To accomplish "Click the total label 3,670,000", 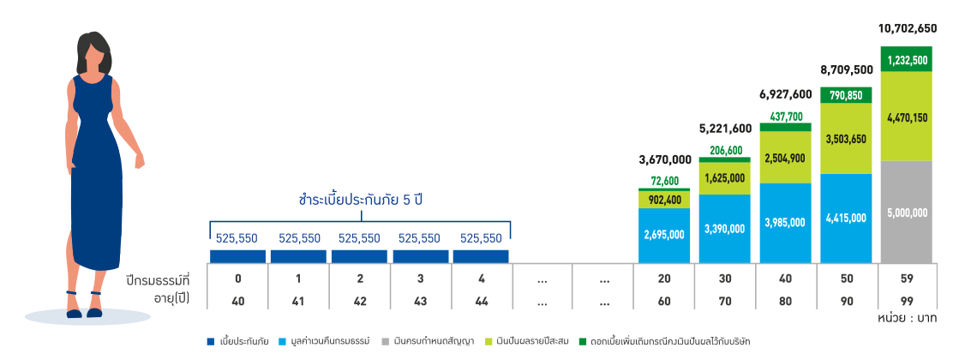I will [665, 159].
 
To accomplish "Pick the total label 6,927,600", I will [785, 93].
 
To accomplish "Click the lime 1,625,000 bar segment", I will [725, 179].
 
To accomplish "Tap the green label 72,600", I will [665, 180].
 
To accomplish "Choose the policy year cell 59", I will [906, 279].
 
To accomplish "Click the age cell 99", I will [906, 301].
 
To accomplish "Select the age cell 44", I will [481, 301].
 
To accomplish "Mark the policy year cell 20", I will [664, 279].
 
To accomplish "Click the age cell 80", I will [785, 301].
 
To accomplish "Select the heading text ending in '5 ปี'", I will [361, 200].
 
